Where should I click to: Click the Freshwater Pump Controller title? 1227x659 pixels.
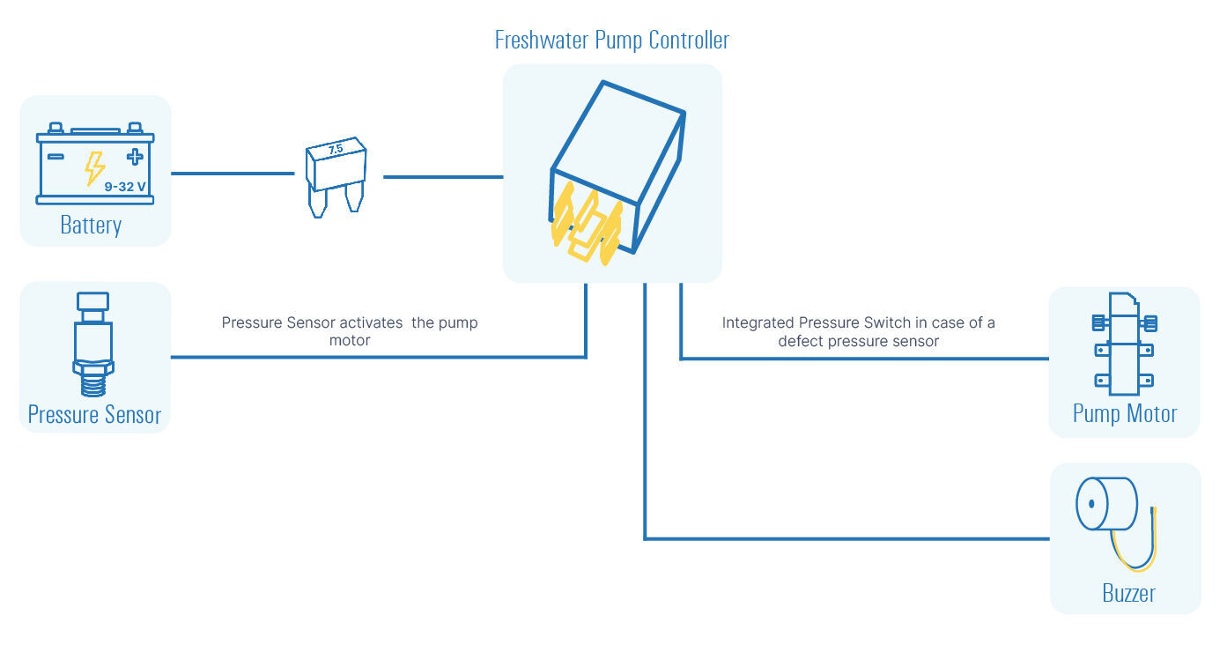coord(611,41)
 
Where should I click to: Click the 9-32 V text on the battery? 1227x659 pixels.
coord(125,186)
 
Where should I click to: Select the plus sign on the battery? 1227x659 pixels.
coord(134,157)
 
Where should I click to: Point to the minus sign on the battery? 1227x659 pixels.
coord(55,157)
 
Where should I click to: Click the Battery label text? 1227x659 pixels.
coord(91,225)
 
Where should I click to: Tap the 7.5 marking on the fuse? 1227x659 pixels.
coord(335,150)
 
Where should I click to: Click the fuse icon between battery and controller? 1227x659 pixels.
coord(336,175)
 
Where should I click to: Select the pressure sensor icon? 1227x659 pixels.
coord(92,344)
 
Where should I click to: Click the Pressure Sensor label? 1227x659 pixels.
coord(94,414)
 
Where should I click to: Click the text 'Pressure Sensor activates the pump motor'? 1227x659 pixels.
coord(350,331)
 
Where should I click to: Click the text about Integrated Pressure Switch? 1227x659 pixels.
coord(858,331)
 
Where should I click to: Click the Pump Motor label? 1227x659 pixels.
coord(1125,413)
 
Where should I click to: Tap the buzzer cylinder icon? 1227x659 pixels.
coord(1105,504)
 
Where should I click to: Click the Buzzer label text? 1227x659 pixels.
coord(1128,593)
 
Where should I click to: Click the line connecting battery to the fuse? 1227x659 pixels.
coord(232,174)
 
